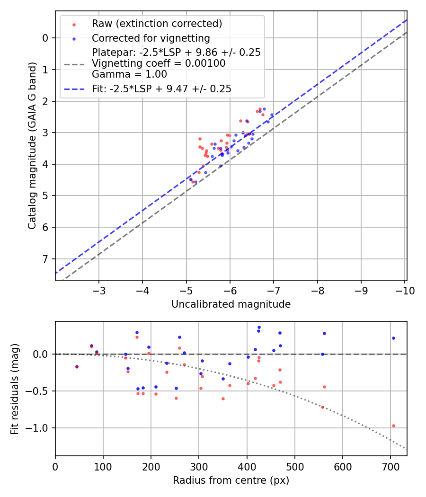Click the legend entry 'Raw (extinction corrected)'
click(x=157, y=24)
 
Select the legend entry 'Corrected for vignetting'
click(x=151, y=38)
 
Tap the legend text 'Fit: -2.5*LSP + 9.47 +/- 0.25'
click(x=161, y=89)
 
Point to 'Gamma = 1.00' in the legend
click(x=129, y=74)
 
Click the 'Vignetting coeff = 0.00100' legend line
click(x=159, y=63)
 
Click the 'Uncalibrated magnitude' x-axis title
click(x=231, y=304)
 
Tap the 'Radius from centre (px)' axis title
click(x=231, y=480)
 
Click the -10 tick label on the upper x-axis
click(x=405, y=291)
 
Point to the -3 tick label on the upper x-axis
click(x=99, y=291)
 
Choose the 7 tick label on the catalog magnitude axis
click(x=45, y=259)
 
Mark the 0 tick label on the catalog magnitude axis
click(x=45, y=38)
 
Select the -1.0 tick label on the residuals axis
click(x=39, y=428)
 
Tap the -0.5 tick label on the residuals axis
click(x=39, y=391)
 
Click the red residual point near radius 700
click(x=393, y=426)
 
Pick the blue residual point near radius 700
click(x=393, y=338)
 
